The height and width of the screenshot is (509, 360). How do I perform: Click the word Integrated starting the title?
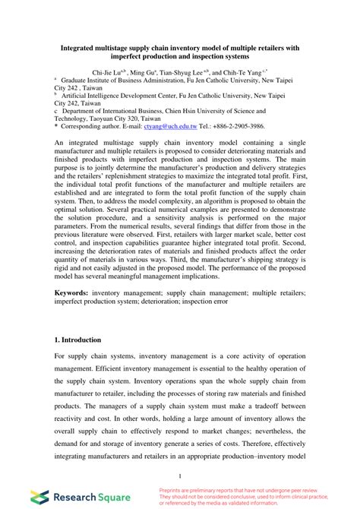(x=84, y=46)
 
